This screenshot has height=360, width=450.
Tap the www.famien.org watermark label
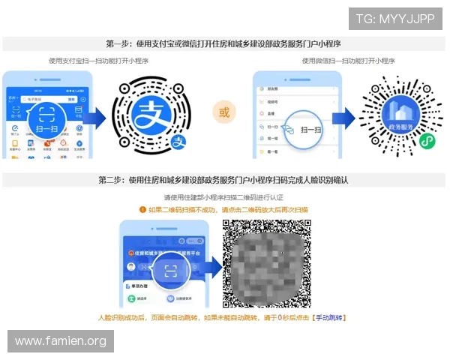click(61, 341)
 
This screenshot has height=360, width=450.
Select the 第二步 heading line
click(224, 181)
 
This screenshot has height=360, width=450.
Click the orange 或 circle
click(223, 114)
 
